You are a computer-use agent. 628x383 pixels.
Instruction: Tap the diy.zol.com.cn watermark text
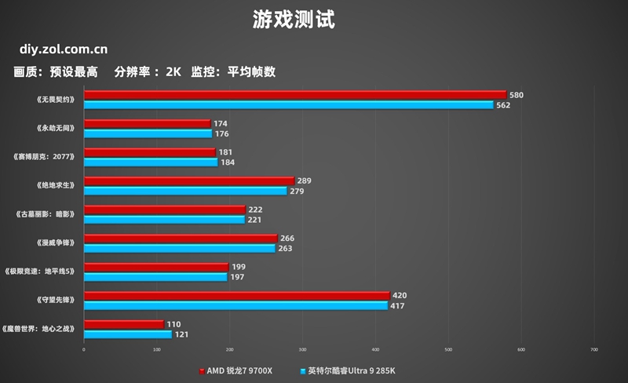(58, 49)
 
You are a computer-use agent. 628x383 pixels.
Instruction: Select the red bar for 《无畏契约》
(294, 96)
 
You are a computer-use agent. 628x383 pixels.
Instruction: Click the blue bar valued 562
(288, 105)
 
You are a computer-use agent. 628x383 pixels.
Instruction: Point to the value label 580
(516, 96)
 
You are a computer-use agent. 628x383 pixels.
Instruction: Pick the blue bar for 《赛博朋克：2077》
(151, 162)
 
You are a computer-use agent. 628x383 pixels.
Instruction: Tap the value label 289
(304, 181)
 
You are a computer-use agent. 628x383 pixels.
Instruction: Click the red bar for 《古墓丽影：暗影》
(164, 210)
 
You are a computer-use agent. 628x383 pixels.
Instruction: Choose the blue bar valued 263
(179, 248)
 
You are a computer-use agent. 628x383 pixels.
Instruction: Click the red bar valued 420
(236, 296)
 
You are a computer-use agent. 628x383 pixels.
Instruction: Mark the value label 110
(173, 324)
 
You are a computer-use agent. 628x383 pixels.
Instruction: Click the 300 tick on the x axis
(303, 350)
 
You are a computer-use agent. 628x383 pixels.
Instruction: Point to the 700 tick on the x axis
(593, 350)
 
